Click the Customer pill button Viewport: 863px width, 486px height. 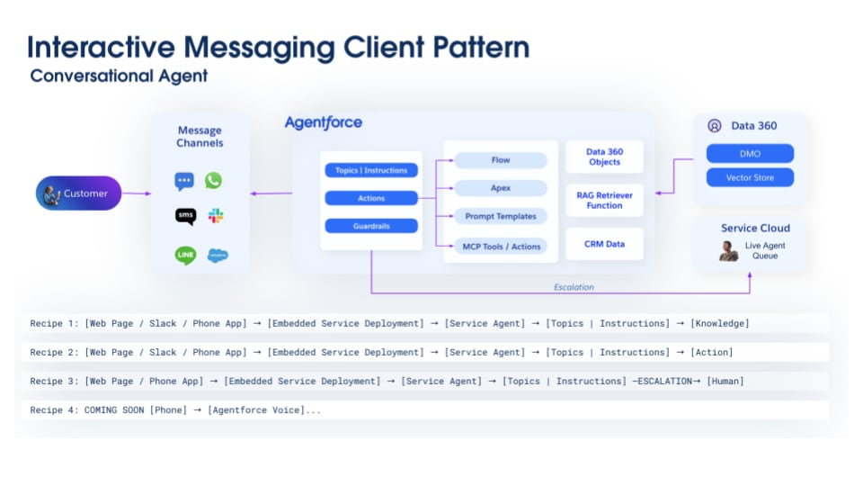78,193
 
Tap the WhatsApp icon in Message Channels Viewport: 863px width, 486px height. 213,181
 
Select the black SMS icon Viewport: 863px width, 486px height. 185,216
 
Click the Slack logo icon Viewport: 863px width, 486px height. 216,216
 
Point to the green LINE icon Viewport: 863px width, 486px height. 185,256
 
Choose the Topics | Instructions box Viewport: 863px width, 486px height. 371,170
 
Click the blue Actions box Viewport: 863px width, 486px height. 371,198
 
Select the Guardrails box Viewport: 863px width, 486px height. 371,226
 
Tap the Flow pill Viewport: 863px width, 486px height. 500,160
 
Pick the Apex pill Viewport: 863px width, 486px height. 500,188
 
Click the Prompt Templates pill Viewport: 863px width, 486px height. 500,216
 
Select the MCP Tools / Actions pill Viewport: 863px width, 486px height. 500,247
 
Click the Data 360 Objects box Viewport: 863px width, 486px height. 604,157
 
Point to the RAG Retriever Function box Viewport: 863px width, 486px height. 604,200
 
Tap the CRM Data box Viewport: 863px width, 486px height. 604,244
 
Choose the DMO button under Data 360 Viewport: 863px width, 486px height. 750,154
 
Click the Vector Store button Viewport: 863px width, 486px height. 750,177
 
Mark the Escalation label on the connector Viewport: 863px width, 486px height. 574,287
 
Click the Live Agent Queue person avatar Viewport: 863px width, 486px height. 728,251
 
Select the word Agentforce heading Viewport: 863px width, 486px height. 323,122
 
